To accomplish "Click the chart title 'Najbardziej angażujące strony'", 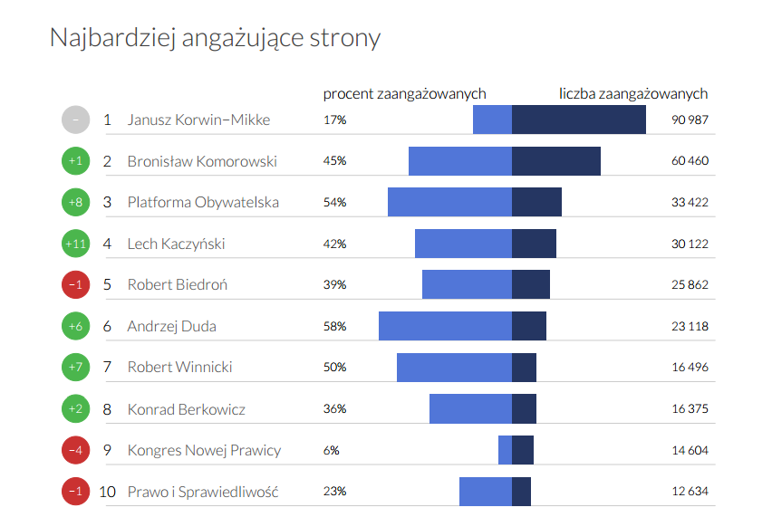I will point(215,38).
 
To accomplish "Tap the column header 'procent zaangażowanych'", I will point(404,93).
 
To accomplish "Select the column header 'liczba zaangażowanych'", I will point(633,93).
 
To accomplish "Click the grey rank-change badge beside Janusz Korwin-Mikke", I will point(75,120).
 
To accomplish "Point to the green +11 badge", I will point(75,244).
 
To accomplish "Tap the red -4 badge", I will point(75,450).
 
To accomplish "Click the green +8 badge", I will point(75,202).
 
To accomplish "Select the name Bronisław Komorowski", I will point(202,161).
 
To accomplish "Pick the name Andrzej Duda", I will point(171,326).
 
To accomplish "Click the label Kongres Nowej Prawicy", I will point(204,450).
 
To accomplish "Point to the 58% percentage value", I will point(334,326).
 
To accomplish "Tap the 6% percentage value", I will point(332,450).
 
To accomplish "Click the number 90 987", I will point(690,120).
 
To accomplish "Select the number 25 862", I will point(690,284).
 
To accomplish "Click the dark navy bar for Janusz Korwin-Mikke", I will point(579,120).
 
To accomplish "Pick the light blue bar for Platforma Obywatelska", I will point(449,202).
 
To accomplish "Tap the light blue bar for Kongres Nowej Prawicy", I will point(505,450).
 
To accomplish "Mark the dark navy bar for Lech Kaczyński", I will point(534,244).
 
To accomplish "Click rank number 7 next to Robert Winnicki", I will point(107,367).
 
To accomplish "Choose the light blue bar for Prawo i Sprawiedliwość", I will point(485,492).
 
